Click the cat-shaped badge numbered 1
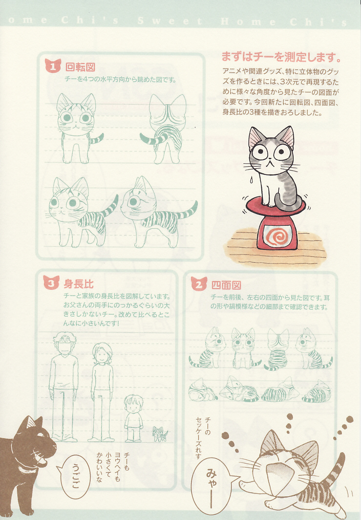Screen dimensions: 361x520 coord(53,65)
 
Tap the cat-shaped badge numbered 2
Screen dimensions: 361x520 coord(199,284)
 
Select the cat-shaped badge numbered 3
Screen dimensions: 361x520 coord(51,283)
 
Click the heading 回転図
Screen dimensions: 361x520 coord(80,67)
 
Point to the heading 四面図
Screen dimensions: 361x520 coord(226,285)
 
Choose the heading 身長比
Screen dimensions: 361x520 coord(79,284)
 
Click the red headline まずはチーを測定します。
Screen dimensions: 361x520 coord(281,57)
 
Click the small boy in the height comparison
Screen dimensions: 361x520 coord(133,418)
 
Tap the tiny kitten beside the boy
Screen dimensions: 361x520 coord(160,434)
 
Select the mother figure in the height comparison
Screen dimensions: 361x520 coord(102,392)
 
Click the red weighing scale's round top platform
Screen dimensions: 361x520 coord(275,205)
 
